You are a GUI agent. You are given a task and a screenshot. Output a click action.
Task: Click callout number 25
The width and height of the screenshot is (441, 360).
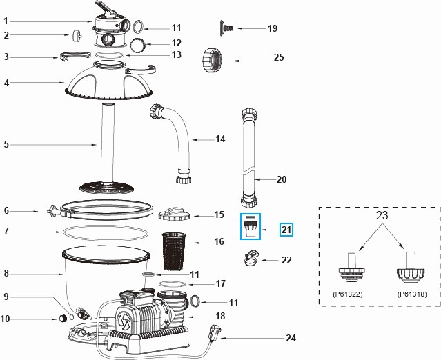[x=279, y=58]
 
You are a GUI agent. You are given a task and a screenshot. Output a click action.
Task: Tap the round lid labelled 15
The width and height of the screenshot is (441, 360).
[x=173, y=213]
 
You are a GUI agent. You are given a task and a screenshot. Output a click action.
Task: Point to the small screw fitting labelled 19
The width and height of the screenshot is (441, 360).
[x=227, y=26]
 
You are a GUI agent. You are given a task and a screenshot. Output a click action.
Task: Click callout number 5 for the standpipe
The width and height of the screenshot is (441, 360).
[x=6, y=145]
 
